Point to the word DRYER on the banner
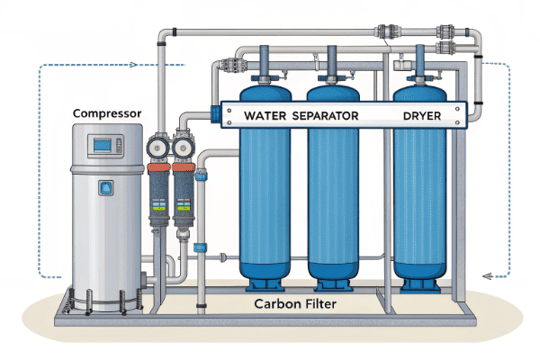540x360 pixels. (x=421, y=116)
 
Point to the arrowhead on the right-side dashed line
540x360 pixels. (x=487, y=275)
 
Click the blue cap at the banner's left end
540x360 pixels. (x=215, y=113)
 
